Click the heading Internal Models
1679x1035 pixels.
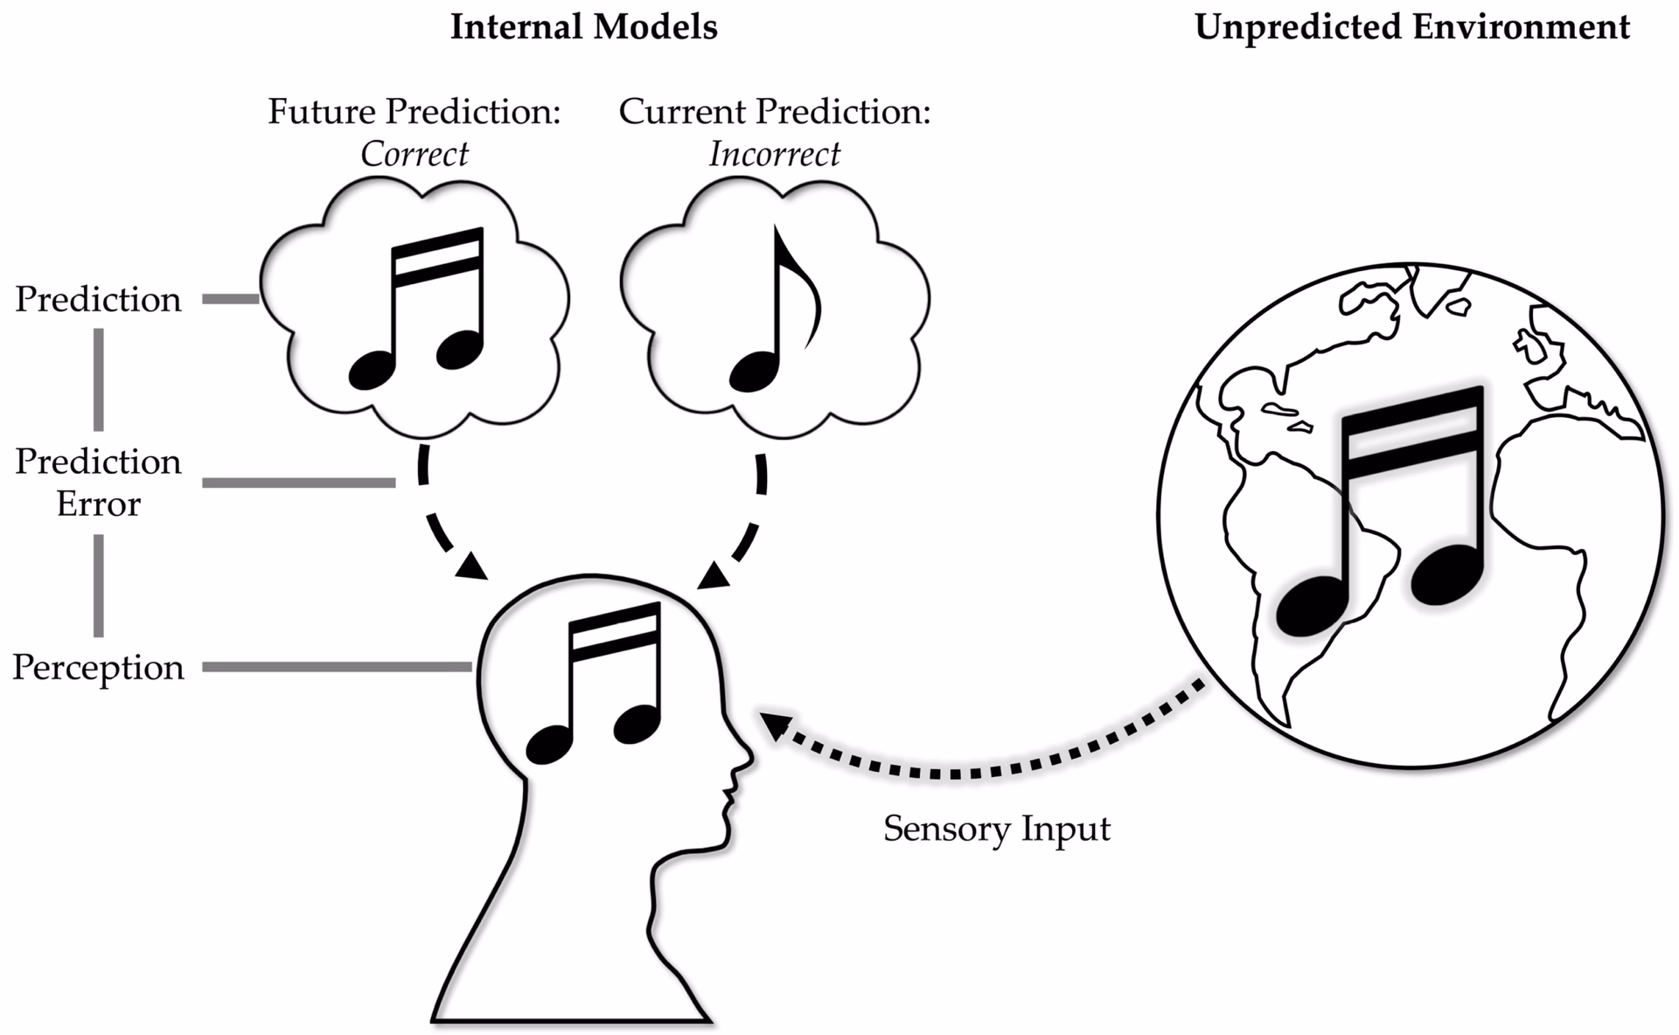[x=583, y=28]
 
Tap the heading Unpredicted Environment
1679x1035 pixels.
[x=1411, y=28]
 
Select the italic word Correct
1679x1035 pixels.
[x=415, y=155]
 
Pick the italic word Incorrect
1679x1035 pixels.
[x=774, y=155]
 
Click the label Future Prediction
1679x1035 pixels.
[x=414, y=112]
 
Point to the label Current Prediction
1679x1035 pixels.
[x=774, y=112]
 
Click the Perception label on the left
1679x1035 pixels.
[x=99, y=668]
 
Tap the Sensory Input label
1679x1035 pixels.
[x=996, y=828]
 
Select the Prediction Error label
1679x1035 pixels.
[x=99, y=482]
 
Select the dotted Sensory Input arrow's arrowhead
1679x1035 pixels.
[x=775, y=725]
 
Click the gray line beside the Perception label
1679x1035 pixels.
[x=337, y=667]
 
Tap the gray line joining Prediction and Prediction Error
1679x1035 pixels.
[x=99, y=379]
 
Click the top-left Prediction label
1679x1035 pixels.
[x=99, y=300]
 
